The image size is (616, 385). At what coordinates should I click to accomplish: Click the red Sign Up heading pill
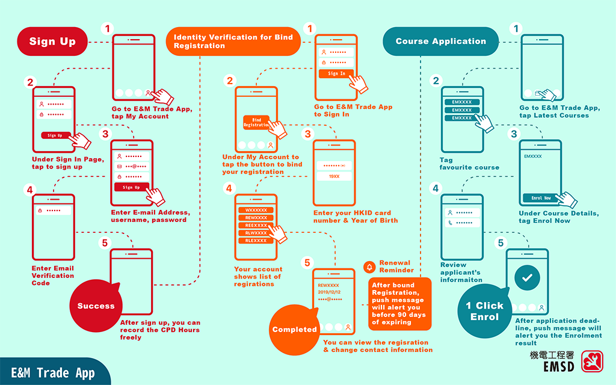53,42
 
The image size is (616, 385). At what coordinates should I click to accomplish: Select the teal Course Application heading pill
441,42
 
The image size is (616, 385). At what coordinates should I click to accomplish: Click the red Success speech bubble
96,306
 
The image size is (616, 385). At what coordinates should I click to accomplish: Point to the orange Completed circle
295,329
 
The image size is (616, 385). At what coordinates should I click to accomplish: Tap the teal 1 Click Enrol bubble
485,311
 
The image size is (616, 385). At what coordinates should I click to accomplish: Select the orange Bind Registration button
256,122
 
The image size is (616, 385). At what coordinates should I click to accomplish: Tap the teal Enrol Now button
541,198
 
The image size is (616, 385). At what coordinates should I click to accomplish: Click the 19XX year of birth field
334,177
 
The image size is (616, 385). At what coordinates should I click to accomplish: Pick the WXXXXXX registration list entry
256,211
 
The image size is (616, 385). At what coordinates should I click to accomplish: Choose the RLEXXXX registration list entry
256,241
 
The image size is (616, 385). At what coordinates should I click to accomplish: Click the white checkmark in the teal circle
527,279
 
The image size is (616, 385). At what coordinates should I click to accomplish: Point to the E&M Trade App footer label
54,373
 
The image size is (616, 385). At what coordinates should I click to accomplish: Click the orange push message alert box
400,304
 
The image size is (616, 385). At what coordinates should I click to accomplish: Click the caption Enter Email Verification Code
53,276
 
